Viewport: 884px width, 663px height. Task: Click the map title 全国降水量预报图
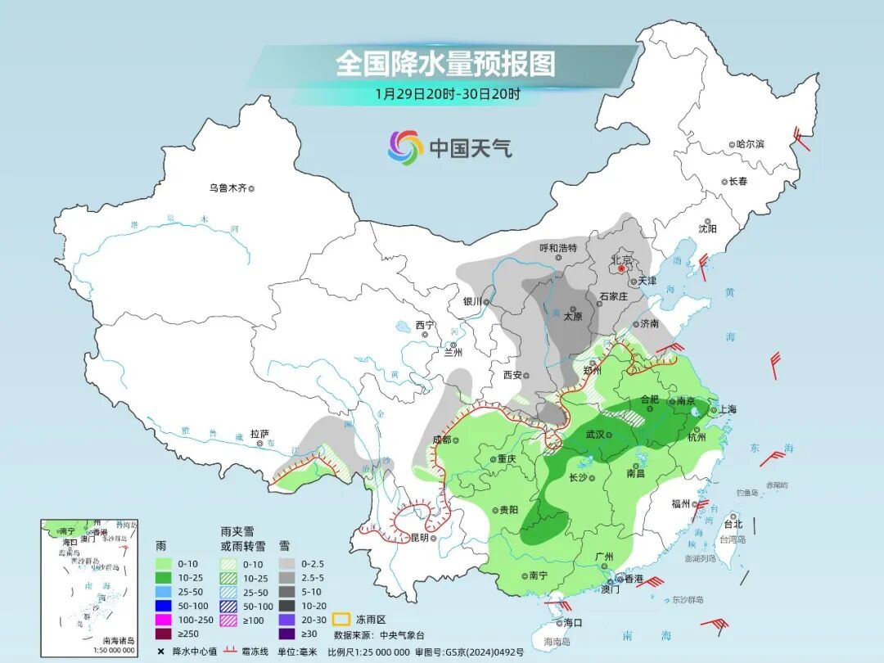[x=445, y=63]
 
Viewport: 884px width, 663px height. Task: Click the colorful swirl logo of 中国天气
[x=405, y=147]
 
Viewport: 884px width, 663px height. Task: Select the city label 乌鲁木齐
[x=228, y=188]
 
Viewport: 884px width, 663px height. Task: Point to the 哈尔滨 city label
[x=750, y=144]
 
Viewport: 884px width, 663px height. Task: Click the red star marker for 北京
[x=621, y=268]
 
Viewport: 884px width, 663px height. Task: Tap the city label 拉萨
[x=260, y=435]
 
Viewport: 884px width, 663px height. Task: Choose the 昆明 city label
[x=419, y=538]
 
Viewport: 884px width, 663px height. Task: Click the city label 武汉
[x=600, y=435]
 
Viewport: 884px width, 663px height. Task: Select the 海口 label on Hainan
[x=574, y=623]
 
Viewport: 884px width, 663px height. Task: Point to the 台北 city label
[x=733, y=524]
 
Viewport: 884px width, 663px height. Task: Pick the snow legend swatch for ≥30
[x=288, y=633]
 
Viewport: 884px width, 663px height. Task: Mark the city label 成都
[x=441, y=440]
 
